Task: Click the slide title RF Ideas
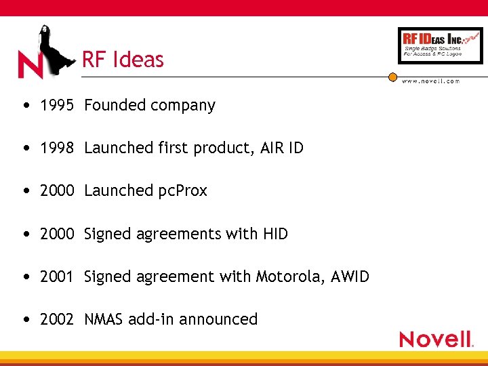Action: point(123,60)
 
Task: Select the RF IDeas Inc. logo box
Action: point(440,45)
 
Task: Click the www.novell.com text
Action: point(430,81)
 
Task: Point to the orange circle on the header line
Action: point(392,77)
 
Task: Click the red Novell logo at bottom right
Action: point(435,338)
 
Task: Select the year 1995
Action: point(56,106)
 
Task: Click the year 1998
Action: point(56,148)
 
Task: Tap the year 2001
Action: point(56,277)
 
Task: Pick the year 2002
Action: point(56,319)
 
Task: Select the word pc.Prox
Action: point(182,191)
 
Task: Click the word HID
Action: point(274,234)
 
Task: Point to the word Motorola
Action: point(287,277)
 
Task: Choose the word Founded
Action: point(114,106)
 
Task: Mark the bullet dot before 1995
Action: point(25,106)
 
